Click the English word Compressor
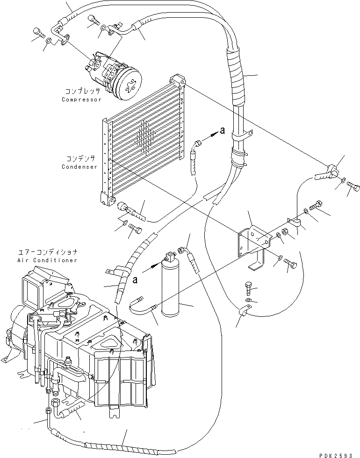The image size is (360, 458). click(x=81, y=100)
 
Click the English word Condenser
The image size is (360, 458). click(x=79, y=167)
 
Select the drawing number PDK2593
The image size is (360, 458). click(x=340, y=454)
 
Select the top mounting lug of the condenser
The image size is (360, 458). click(x=177, y=80)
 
